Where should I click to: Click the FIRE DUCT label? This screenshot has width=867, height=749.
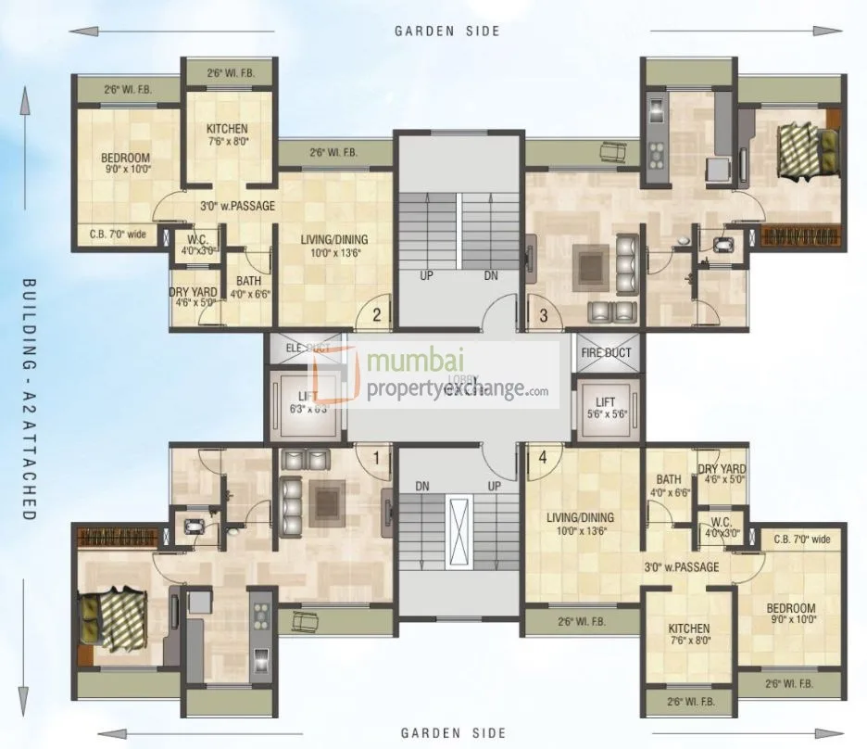(x=606, y=352)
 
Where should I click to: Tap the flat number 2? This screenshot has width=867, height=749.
(x=377, y=314)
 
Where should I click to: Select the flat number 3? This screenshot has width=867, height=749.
(x=544, y=314)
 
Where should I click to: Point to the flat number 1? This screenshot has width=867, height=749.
(x=376, y=456)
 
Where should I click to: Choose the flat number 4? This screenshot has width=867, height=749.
(x=543, y=456)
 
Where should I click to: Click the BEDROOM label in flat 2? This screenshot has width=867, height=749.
(x=125, y=158)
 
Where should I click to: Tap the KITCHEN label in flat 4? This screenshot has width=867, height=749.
(x=689, y=628)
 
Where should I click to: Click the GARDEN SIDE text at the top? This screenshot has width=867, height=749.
(x=447, y=31)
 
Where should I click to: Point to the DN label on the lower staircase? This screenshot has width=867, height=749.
(x=422, y=485)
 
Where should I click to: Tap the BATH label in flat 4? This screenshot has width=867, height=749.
(x=665, y=469)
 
